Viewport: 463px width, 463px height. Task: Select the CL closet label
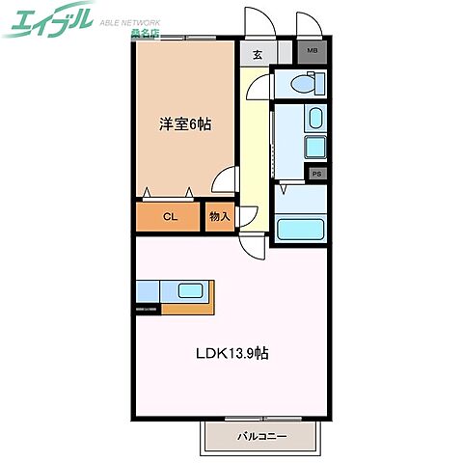(169, 217)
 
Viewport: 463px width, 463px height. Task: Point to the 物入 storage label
(220, 217)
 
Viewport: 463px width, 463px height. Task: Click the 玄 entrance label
(258, 54)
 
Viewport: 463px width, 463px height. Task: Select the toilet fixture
(298, 86)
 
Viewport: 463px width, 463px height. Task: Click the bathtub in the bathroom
(299, 231)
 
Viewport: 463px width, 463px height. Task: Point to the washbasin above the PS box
(316, 120)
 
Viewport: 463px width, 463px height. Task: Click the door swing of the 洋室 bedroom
(227, 181)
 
